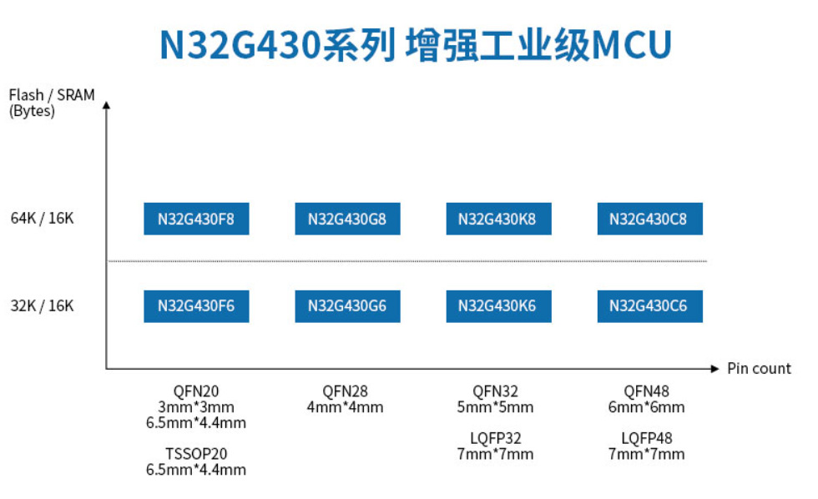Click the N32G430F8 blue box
[196, 219]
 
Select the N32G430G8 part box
[347, 219]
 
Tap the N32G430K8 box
[497, 219]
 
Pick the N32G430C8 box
[649, 219]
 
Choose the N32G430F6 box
[196, 306]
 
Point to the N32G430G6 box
[347, 306]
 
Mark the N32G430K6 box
[497, 306]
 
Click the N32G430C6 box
[649, 306]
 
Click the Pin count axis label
[759, 369]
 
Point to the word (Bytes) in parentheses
[32, 112]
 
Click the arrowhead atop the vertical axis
[106, 106]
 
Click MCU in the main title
[631, 46]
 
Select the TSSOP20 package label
[196, 454]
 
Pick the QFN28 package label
[346, 391]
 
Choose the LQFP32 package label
[497, 438]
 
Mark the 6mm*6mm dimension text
[647, 407]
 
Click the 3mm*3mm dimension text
[196, 407]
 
